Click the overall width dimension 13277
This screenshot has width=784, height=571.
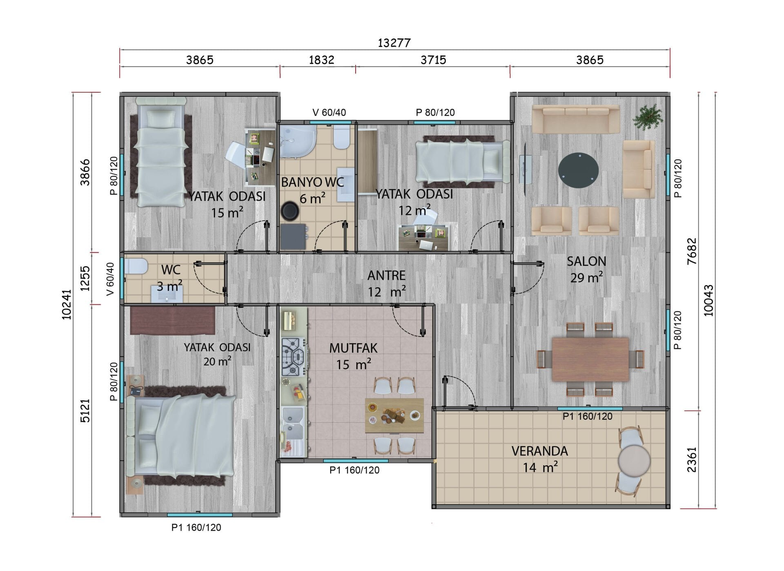pos(394,43)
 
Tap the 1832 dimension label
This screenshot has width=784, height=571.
pos(321,60)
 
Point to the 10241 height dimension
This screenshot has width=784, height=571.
pos(67,304)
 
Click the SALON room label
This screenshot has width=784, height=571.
pos(586,261)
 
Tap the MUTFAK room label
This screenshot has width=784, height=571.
pos(354,348)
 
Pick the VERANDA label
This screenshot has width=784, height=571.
pos(540,451)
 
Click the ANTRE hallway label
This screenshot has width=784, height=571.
pos(386,276)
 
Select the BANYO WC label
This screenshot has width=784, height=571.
pos(312,182)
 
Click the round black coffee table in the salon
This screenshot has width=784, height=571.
pos(579,170)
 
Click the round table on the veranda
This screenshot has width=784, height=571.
pos(634,460)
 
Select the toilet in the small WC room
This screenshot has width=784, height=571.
pos(135,266)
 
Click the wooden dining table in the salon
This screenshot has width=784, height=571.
pos(590,359)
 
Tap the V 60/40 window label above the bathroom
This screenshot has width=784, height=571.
pos(329,112)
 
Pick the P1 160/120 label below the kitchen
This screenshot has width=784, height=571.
pos(354,470)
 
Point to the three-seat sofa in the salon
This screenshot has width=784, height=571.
pos(576,119)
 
